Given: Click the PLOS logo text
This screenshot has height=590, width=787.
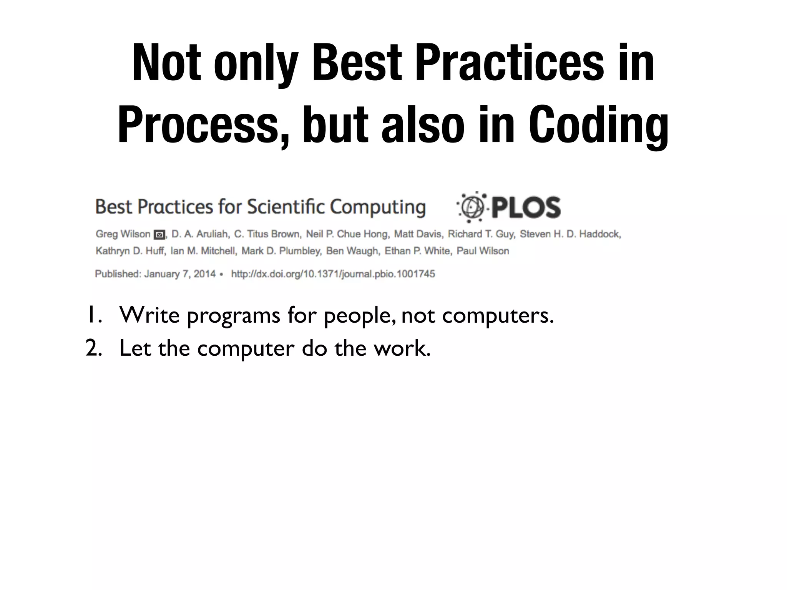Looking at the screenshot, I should (526, 208).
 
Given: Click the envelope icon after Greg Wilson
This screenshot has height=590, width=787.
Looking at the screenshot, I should (159, 234).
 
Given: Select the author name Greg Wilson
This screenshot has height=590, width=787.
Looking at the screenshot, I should (123, 234).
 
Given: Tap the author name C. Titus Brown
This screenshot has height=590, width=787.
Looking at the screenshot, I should (267, 234).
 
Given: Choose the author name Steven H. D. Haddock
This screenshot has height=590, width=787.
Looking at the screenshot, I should (570, 234).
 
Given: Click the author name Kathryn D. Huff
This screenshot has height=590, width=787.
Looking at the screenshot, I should (130, 251).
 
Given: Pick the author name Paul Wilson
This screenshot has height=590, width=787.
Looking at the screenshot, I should (483, 251).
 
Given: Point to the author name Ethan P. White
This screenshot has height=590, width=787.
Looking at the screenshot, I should (417, 251).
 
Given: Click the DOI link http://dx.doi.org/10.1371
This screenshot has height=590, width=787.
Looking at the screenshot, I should (333, 274).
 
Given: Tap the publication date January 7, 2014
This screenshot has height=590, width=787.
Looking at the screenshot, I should (180, 274).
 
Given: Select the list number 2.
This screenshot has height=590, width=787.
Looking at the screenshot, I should (93, 348).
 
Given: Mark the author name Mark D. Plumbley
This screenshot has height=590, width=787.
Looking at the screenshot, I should (281, 251).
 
